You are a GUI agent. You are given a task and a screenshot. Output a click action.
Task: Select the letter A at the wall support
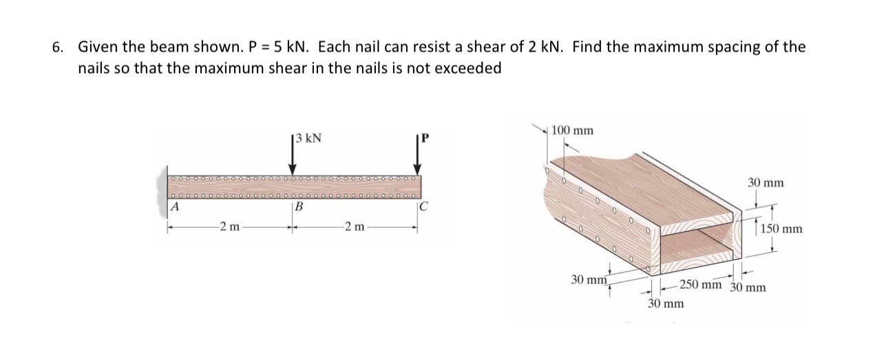175,205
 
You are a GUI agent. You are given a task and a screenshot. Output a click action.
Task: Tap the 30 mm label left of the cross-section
589,280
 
